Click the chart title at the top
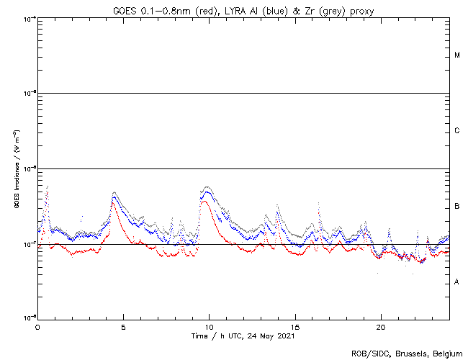click(243, 9)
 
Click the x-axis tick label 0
click(37, 326)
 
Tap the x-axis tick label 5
click(123, 326)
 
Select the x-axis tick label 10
click(209, 326)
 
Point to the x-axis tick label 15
click(295, 326)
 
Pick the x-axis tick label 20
click(381, 326)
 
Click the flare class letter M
click(457, 55)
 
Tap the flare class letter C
click(457, 131)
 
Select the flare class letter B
click(457, 207)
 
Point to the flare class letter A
click(457, 282)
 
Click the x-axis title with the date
click(243, 336)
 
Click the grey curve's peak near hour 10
click(207, 187)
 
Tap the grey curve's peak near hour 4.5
click(114, 193)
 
